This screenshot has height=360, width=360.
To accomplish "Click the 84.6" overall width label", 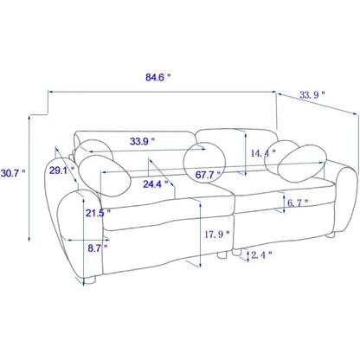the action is [158, 77].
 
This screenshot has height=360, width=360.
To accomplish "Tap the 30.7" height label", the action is [13, 173].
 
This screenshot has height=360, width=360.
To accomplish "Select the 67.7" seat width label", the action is [208, 175].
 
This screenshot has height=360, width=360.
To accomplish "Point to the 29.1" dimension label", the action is [61, 170].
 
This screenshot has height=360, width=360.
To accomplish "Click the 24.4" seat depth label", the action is [156, 184].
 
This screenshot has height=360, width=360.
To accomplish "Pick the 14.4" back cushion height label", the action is [263, 153].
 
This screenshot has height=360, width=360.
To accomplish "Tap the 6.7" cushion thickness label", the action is [298, 203].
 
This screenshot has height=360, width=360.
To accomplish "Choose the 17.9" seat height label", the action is [217, 235].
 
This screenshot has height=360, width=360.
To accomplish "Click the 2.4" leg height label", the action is [261, 254].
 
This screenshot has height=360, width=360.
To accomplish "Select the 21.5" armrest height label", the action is [98, 213].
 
